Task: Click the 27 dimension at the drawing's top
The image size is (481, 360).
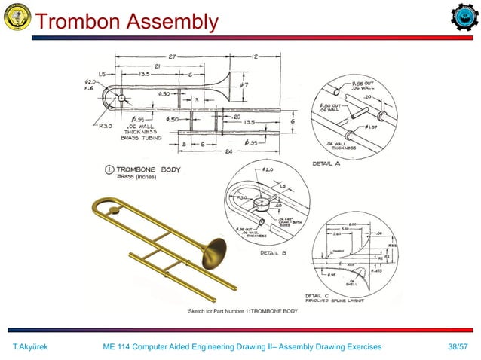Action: tap(172, 56)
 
